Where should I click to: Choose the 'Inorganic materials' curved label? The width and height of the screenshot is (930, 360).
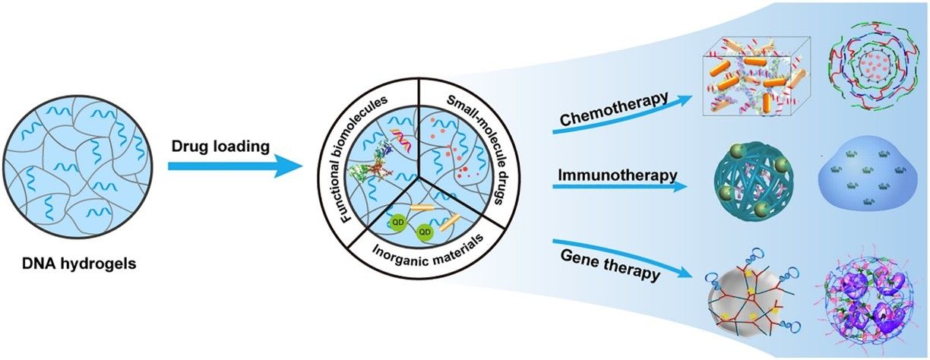coord(421,246)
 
